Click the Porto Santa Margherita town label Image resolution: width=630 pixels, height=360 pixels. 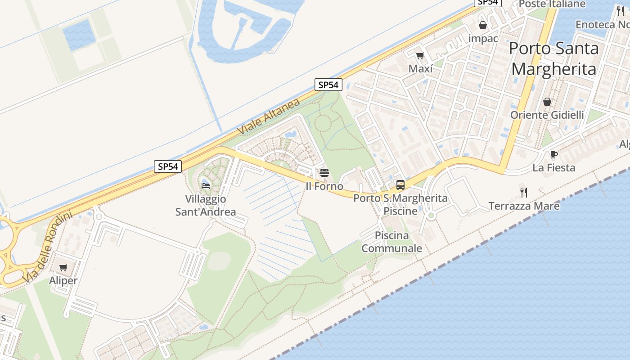tap(554, 58)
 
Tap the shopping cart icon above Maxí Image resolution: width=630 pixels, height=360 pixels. tap(420, 55)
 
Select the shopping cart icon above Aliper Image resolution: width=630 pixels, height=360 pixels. tap(63, 267)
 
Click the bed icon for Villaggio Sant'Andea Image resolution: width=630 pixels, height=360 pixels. tap(206, 185)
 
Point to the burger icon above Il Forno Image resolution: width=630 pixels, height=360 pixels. tap(324, 172)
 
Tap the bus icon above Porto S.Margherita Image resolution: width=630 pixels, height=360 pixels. tap(400, 184)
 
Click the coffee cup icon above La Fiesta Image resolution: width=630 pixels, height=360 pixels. tap(554, 155)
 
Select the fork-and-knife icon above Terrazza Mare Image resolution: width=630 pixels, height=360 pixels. tap(524, 193)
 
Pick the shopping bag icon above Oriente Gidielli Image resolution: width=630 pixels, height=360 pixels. tap(547, 102)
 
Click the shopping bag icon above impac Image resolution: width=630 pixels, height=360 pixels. tap(483, 25)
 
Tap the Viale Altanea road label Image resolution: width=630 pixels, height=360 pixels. tap(269, 117)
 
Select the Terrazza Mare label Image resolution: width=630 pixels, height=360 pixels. tap(524, 206)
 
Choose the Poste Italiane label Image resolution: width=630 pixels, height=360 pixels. tap(552, 4)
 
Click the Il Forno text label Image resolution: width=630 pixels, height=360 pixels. tap(324, 186)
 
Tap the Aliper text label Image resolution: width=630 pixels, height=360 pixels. tap(63, 280)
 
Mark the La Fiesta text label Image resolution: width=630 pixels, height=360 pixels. tap(554, 168)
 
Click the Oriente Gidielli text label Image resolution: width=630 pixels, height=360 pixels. tap(547, 115)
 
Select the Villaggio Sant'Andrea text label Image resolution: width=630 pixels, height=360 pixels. tap(206, 205)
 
